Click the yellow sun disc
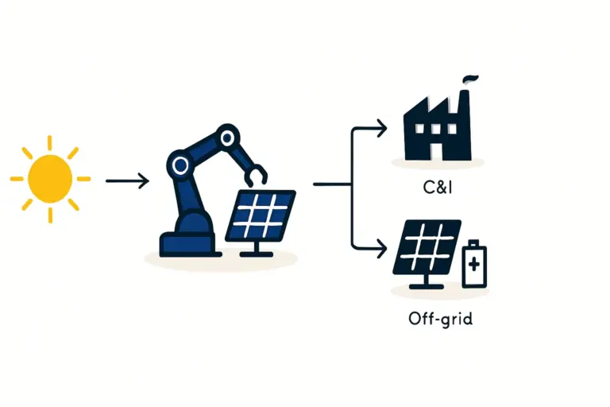click(50, 178)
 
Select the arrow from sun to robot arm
click(127, 181)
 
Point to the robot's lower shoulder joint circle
click(180, 165)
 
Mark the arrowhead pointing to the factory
click(382, 127)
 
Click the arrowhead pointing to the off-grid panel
click(382, 246)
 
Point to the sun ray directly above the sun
click(49, 142)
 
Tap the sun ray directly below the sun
click(50, 215)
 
